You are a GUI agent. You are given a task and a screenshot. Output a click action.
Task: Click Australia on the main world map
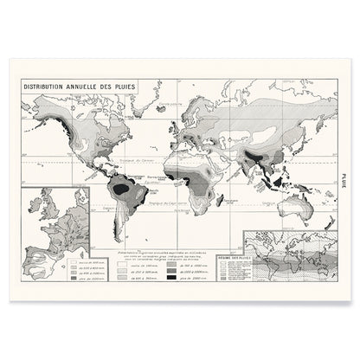pyautogui.click(x=291, y=207)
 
